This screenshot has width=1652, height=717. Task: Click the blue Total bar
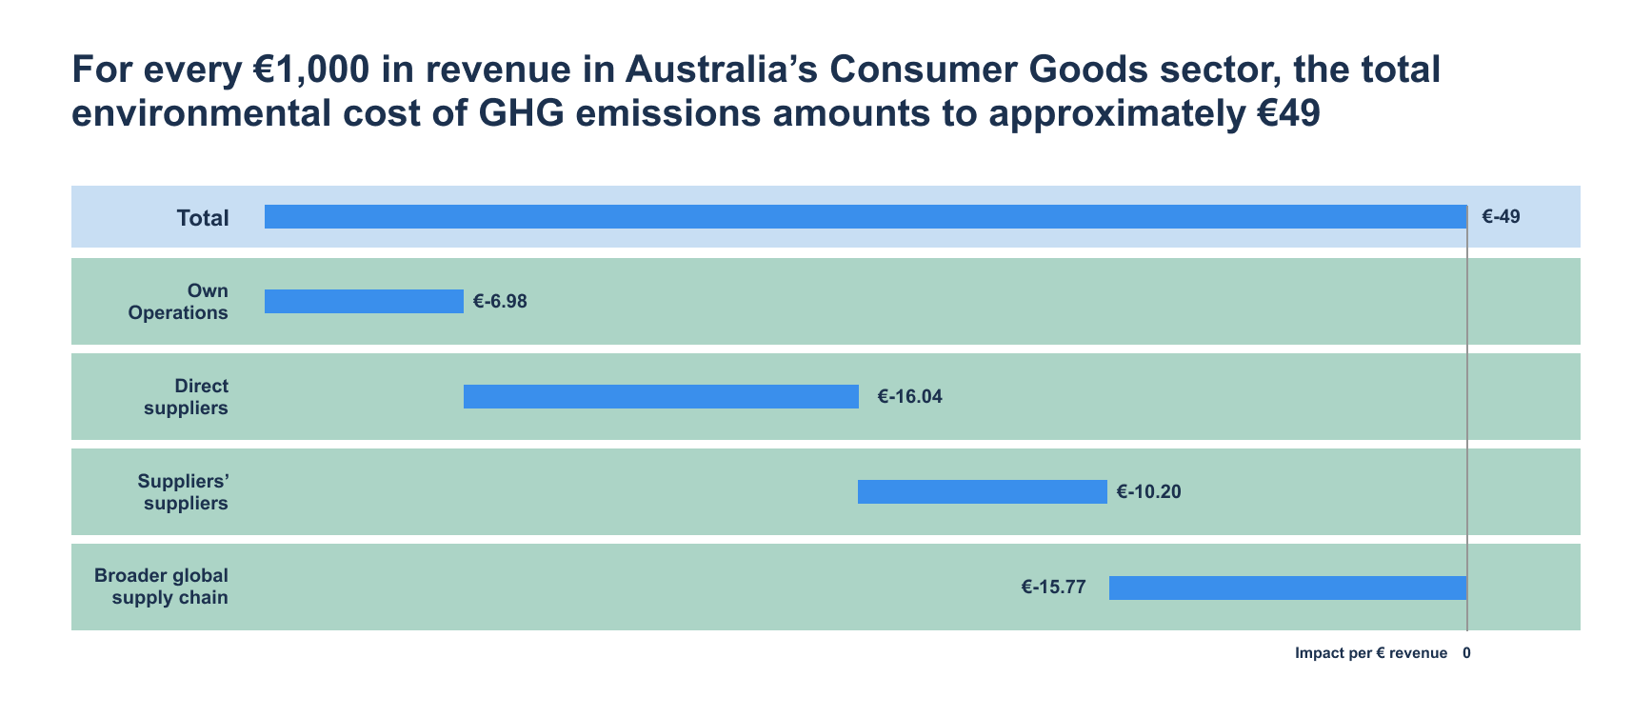point(865,216)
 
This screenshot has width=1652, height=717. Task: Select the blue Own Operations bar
point(364,301)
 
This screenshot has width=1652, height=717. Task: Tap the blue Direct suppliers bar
point(661,396)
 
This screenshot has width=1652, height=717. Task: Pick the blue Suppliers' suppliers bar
point(982,491)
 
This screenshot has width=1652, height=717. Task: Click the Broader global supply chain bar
point(1287,588)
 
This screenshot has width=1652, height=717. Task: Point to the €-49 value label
point(1501,216)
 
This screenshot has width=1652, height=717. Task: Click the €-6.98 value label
point(500,302)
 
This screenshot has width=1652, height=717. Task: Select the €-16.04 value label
point(909,397)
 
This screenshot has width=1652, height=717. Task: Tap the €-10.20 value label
point(1148,492)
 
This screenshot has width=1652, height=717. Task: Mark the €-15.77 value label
point(1053,588)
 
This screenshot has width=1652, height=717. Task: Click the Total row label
point(203,218)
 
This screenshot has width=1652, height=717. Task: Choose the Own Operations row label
point(179,302)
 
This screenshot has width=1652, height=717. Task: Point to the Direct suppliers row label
point(187,397)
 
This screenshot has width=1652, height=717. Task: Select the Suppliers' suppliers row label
point(183,492)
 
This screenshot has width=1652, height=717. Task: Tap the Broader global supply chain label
point(162,587)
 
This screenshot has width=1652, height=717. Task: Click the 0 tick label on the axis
point(1466,653)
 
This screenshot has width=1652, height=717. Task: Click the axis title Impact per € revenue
point(1370,653)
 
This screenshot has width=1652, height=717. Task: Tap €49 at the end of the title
point(1286,113)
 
